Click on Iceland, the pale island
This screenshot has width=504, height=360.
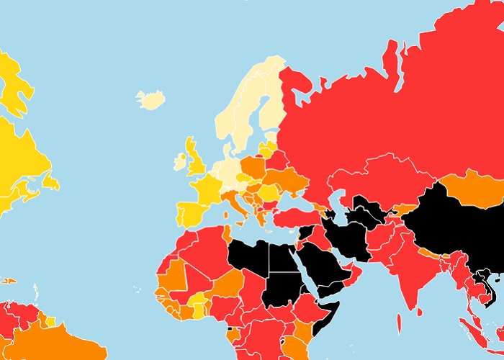(x=151, y=100)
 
